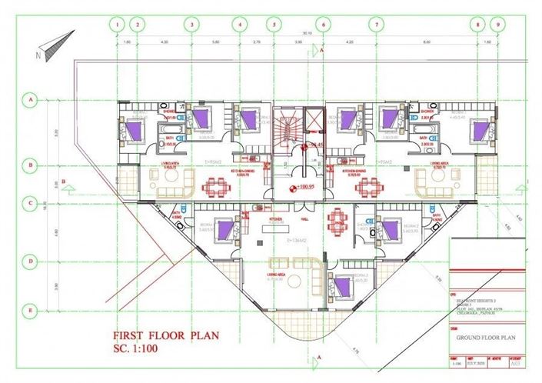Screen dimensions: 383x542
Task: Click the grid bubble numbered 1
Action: (x=118, y=24)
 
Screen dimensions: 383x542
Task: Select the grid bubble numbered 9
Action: (x=499, y=24)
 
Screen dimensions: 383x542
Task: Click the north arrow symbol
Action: (x=55, y=45)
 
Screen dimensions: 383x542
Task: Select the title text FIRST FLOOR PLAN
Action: (x=165, y=336)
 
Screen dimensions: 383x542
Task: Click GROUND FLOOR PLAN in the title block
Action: (x=484, y=337)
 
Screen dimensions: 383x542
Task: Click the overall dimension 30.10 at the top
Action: (x=307, y=34)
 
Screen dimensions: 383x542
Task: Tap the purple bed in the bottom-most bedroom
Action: (x=341, y=287)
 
